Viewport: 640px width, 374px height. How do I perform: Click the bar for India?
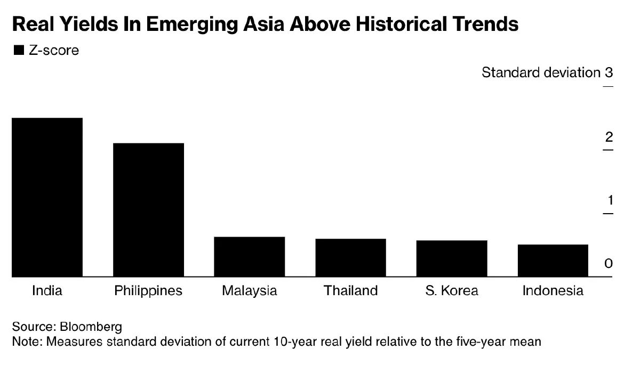coord(47,197)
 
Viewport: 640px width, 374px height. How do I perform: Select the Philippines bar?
coord(148,210)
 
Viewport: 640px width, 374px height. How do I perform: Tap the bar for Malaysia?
coord(249,256)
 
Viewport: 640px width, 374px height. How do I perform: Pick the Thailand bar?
coord(350,257)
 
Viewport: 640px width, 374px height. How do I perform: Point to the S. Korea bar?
coord(452,258)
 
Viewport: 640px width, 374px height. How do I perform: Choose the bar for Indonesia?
coord(553,261)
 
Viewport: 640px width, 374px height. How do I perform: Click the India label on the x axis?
coord(47,291)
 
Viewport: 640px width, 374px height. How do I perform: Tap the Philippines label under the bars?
coord(148,291)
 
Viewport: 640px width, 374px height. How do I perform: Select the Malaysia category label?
coord(249,291)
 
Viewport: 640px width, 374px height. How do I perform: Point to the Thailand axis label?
coord(350,291)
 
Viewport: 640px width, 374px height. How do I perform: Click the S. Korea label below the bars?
coord(452,291)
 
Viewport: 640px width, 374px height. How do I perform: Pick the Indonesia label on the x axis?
coord(553,291)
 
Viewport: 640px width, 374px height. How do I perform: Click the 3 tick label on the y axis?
coord(609,72)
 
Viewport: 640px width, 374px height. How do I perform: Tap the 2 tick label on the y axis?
coord(609,137)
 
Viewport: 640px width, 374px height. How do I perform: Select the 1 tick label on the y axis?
coord(609,201)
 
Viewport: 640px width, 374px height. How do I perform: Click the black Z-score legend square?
coord(19,51)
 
